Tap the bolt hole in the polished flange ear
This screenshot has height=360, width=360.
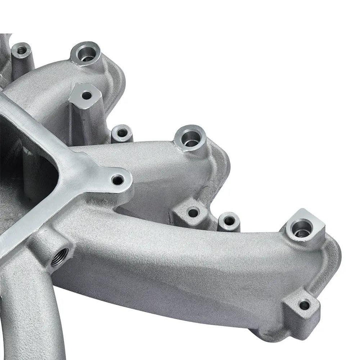[117, 179]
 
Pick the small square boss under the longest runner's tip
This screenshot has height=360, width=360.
[303, 304]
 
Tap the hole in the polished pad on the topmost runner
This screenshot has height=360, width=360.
[86, 94]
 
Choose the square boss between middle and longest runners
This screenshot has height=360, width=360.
[192, 212]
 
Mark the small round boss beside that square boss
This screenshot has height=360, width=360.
[228, 220]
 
